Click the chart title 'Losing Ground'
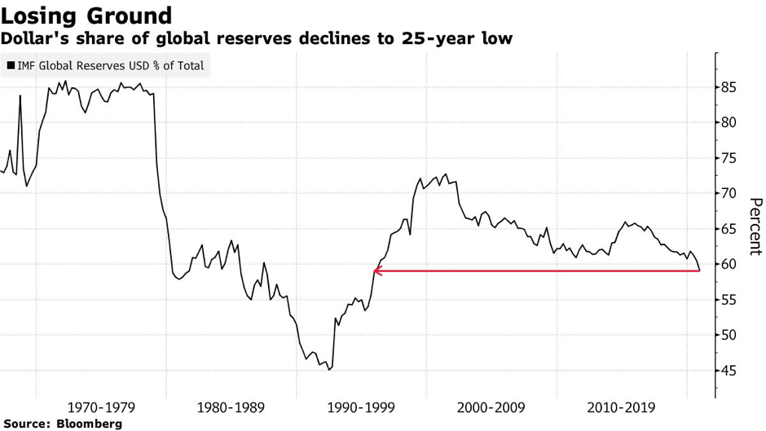[x=86, y=15]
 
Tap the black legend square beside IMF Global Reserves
[x=11, y=65]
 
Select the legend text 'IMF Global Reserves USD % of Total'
[x=111, y=65]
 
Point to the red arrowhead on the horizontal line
[x=376, y=270]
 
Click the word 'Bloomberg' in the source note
[x=89, y=424]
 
